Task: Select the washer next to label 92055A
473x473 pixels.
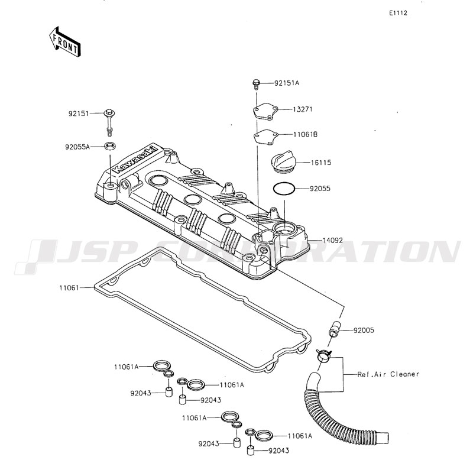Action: [111, 146]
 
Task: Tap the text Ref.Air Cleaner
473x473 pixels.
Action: [388, 374]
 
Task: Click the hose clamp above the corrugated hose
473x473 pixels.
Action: [323, 355]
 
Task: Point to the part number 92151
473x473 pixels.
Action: [79, 112]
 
